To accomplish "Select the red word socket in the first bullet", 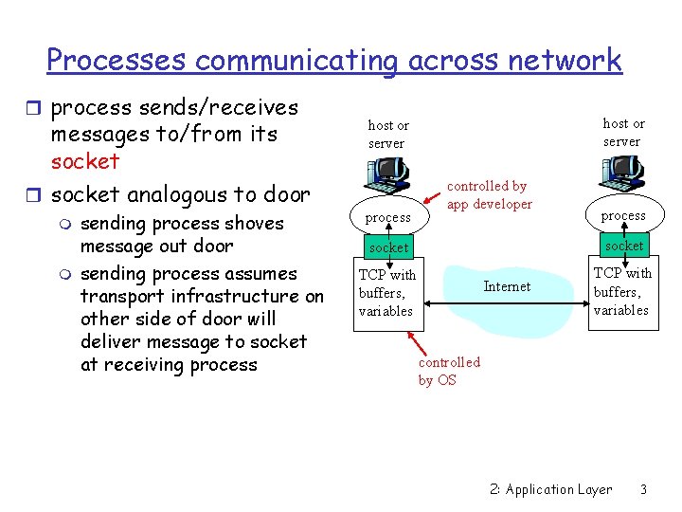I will coord(85,161).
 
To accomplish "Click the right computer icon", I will coord(622,171).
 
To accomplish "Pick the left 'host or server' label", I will coord(387,134).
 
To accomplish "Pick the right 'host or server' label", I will coord(623,132).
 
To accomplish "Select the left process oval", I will coord(388,217).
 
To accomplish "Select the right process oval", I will coord(623,215).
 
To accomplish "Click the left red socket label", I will coord(388,247).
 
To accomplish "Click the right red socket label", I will coord(624,246).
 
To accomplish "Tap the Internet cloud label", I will coord(508,286).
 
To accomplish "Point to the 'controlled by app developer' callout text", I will coord(489,195).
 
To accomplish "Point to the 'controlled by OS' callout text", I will coord(449,371).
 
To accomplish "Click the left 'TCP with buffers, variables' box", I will coord(386,293).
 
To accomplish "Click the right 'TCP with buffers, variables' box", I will coord(622,291).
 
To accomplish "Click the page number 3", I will coord(643,489).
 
